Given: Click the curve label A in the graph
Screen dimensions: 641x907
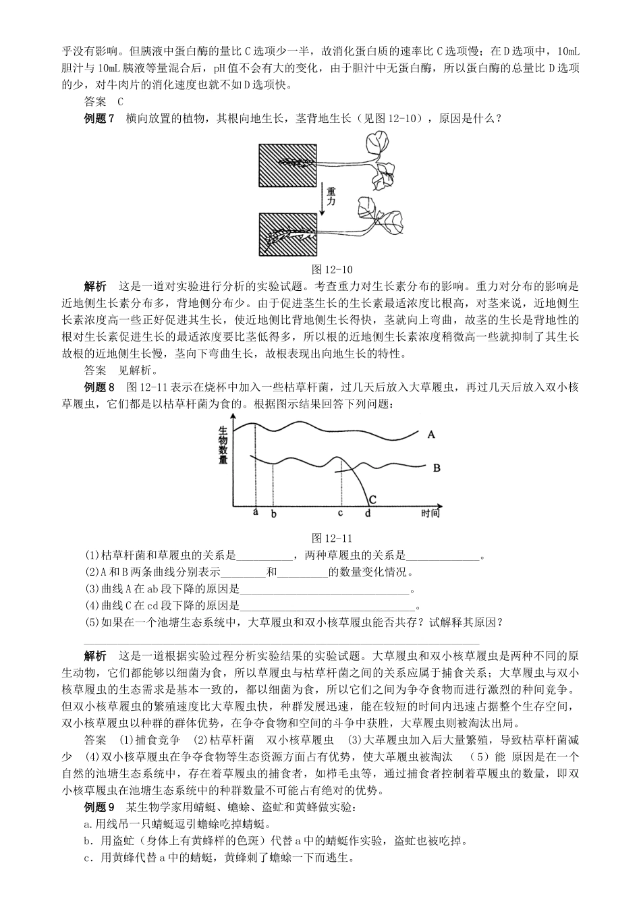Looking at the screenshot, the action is [431, 435].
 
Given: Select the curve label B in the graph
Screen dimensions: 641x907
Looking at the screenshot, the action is [436, 467].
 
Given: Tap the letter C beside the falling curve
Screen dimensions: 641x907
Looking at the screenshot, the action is [372, 498].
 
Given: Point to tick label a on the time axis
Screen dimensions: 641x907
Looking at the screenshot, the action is [256, 512].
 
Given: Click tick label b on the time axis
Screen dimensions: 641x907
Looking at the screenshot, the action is [273, 514].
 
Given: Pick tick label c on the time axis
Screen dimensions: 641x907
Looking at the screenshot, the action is [340, 513].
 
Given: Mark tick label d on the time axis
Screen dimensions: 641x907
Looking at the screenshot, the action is [368, 514].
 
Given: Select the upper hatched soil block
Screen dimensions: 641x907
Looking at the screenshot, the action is [287, 165].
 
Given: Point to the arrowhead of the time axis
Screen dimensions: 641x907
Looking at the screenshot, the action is [439, 504].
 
